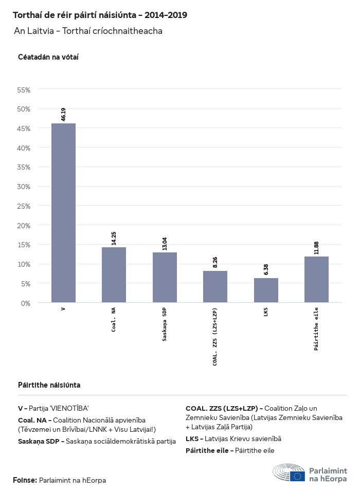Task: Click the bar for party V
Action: tap(63, 213)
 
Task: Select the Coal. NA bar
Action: tap(114, 275)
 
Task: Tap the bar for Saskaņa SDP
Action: tap(165, 277)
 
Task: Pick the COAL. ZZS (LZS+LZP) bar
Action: tap(215, 286)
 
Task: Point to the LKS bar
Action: tap(266, 290)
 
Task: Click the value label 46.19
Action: tap(63, 114)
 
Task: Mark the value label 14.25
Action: tap(114, 238)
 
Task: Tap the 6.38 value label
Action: tap(266, 269)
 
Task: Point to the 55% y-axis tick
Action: tap(24, 89)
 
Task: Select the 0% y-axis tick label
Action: tap(26, 303)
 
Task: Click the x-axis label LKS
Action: tap(266, 311)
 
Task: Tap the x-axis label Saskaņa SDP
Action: tap(165, 323)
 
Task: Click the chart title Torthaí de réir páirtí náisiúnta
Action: tap(100, 15)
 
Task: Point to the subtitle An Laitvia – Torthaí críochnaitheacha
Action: tap(88, 31)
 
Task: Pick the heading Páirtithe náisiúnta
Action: tap(49, 385)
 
